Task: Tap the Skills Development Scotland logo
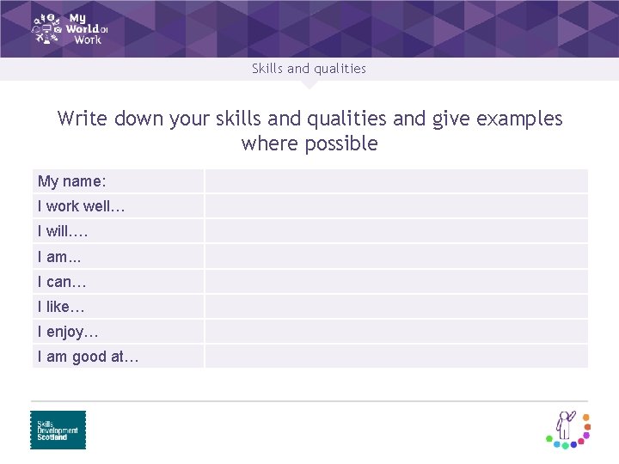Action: (x=58, y=430)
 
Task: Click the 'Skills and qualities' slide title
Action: (x=309, y=69)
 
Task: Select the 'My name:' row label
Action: (x=72, y=181)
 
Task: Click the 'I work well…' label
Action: (x=81, y=206)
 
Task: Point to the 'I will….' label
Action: (x=63, y=231)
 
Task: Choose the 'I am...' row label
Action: (x=59, y=256)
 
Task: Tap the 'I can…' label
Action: (x=62, y=281)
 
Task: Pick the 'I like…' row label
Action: (x=61, y=306)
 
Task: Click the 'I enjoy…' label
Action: (x=68, y=332)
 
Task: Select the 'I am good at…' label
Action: (x=88, y=357)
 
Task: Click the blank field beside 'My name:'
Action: (x=395, y=181)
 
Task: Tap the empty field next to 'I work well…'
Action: (x=395, y=206)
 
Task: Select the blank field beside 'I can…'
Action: (x=395, y=281)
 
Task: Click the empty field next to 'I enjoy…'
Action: (x=395, y=332)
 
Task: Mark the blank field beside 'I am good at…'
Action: (x=395, y=357)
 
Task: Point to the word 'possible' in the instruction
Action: (x=345, y=143)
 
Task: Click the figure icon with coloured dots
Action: (x=568, y=428)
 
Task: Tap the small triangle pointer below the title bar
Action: (x=309, y=85)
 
